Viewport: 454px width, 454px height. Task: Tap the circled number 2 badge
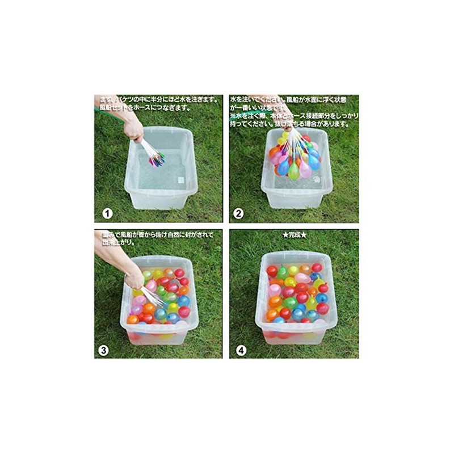pyautogui.click(x=239, y=214)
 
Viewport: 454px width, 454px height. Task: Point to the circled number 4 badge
pyautogui.click(x=239, y=350)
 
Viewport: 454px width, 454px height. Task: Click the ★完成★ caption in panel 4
pyautogui.click(x=294, y=234)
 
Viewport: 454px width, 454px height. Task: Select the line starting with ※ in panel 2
pyautogui.click(x=294, y=116)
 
